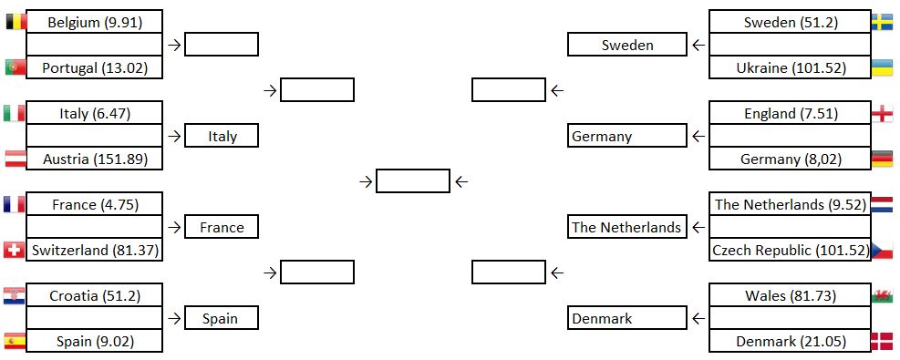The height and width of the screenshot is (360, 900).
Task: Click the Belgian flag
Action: [16, 22]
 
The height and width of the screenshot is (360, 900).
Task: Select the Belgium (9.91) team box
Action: [95, 22]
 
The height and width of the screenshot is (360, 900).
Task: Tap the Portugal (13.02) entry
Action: [95, 67]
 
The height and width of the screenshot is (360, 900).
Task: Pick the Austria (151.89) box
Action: [95, 159]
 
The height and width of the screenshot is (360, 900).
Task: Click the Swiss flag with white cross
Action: [15, 250]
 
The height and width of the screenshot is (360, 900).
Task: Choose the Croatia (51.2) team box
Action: [95, 296]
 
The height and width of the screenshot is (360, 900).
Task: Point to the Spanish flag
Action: [15, 341]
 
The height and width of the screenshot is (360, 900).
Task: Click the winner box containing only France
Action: [222, 227]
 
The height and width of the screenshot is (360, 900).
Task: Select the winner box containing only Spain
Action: [222, 318]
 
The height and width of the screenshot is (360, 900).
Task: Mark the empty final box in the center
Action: [413, 181]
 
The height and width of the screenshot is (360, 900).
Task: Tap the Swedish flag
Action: [882, 23]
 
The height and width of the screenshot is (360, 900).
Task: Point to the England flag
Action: [882, 114]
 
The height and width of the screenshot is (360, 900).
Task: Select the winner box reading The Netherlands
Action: [626, 227]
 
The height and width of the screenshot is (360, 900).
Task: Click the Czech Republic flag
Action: [882, 250]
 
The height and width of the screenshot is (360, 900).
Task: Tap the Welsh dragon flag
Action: [882, 296]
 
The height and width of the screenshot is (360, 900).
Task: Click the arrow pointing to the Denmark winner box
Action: [698, 318]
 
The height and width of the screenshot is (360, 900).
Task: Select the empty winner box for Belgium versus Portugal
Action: [222, 44]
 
